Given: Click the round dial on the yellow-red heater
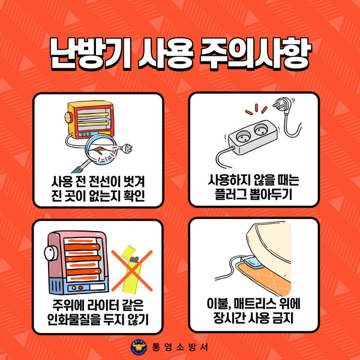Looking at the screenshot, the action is (68, 118).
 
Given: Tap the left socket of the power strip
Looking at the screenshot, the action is (243, 137).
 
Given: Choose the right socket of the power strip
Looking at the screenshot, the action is (260, 130).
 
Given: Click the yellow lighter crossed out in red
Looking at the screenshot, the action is (131, 269).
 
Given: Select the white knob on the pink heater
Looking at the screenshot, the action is (51, 254).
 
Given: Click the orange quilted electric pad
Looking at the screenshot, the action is (264, 278).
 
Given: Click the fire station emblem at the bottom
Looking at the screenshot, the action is (139, 347).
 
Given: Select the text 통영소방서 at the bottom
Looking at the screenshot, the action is (180, 347).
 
